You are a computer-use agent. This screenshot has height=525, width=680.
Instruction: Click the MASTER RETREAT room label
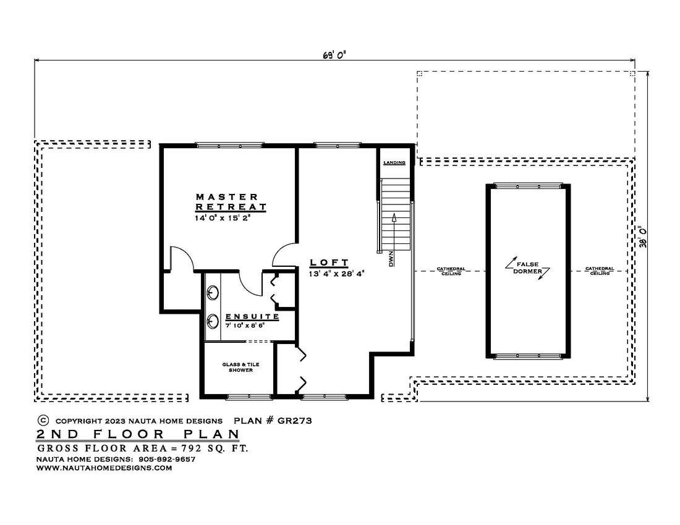[x=231, y=202]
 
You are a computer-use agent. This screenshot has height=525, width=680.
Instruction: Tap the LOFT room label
[x=329, y=262]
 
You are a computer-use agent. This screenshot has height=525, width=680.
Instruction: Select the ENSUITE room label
[x=252, y=317]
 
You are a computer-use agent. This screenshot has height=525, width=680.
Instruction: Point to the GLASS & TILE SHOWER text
[x=240, y=367]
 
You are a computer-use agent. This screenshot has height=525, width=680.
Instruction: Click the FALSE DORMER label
[x=527, y=267]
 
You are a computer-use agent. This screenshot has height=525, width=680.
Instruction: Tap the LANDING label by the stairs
[x=394, y=162]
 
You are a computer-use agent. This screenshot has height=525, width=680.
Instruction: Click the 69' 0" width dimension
[x=334, y=55]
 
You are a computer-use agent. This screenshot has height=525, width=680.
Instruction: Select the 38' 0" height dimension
[x=643, y=237]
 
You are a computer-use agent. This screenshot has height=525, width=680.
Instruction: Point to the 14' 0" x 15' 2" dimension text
[x=223, y=218]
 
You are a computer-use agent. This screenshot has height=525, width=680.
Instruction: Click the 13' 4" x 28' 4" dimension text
[x=336, y=274]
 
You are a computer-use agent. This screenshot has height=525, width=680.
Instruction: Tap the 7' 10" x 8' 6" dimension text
[x=245, y=325]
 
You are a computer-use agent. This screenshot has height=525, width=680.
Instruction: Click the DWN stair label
[x=391, y=259]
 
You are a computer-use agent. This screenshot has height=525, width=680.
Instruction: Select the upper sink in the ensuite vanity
[x=213, y=293]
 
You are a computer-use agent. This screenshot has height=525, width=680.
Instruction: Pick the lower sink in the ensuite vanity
[x=213, y=321]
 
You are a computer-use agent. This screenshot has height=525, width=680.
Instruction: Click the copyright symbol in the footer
[x=43, y=420]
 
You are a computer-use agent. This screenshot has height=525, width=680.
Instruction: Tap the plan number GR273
[x=294, y=421]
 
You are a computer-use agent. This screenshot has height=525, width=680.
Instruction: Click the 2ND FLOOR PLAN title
[x=138, y=434]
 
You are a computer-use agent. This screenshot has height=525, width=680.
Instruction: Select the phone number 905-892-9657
[x=167, y=459]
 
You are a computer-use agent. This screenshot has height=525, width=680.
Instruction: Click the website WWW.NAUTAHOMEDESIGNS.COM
[x=104, y=468]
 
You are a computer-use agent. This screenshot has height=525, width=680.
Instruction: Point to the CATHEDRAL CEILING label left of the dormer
[x=451, y=271]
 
